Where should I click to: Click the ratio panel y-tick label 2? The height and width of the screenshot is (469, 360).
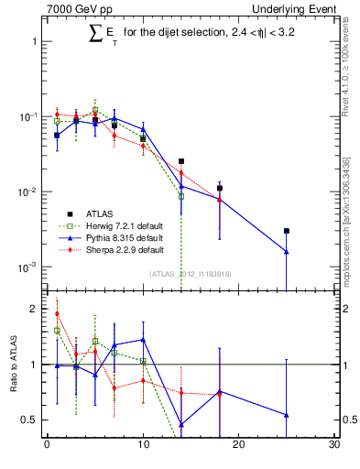click(x=33, y=309)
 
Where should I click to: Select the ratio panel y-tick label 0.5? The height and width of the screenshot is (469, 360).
click(x=29, y=420)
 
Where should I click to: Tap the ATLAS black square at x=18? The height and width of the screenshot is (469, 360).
click(x=220, y=188)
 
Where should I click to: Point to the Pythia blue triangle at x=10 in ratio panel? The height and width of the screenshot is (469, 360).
click(x=143, y=339)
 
